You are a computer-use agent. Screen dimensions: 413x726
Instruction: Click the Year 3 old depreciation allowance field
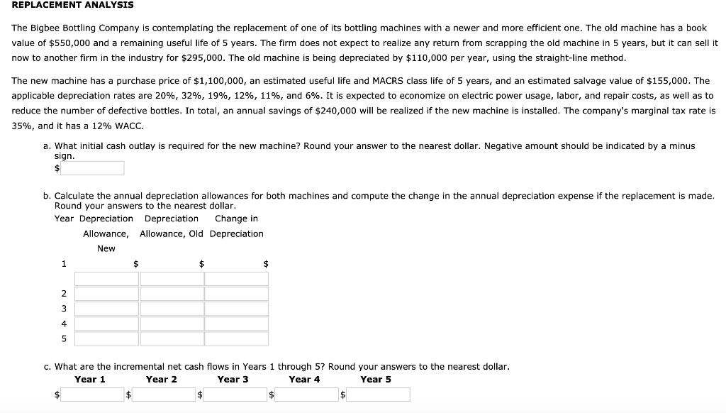click(172, 309)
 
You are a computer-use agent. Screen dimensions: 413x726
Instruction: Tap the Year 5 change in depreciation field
click(237, 338)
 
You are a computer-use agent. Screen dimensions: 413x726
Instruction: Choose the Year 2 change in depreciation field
click(237, 294)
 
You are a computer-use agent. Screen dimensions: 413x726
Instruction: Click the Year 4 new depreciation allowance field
click(106, 324)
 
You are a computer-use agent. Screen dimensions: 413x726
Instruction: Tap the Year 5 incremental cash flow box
click(378, 394)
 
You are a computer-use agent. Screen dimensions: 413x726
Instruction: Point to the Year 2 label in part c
click(162, 380)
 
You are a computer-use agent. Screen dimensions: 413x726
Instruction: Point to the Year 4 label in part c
click(304, 380)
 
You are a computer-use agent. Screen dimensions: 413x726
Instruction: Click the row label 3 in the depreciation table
click(64, 309)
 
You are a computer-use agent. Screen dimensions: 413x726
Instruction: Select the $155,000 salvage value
click(666, 82)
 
